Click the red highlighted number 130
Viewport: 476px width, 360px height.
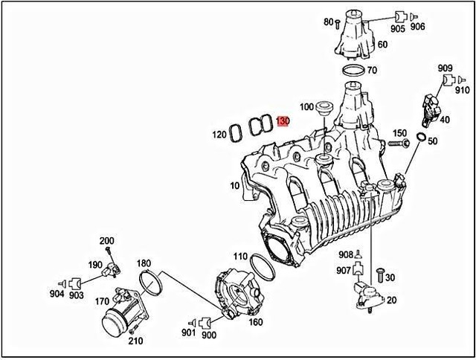point(282,121)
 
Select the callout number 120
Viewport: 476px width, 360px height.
point(219,135)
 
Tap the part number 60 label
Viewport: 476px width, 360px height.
point(383,45)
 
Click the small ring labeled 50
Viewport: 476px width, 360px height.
point(421,138)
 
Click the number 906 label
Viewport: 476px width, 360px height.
point(418,28)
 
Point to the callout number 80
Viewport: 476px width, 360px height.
point(328,22)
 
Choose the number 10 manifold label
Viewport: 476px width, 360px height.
point(235,184)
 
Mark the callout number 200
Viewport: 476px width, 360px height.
point(107,240)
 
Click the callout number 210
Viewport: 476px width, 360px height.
point(135,341)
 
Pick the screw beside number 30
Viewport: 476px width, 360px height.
point(378,274)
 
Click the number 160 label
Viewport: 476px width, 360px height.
point(255,322)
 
